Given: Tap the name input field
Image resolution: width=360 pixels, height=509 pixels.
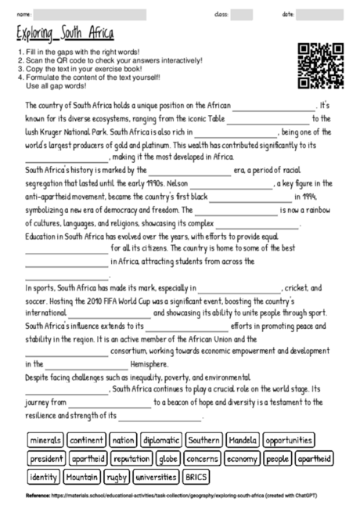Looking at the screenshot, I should click(x=90, y=15).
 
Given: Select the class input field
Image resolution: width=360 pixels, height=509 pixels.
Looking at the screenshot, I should click(x=242, y=15).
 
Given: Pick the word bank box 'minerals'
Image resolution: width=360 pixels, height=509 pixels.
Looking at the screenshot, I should click(x=45, y=440).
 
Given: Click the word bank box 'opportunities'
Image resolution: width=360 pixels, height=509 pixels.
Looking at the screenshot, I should click(x=290, y=440).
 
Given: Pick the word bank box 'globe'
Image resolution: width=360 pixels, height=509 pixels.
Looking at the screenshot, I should click(x=168, y=458).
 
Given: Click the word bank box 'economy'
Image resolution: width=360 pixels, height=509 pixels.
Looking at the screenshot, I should click(x=243, y=458).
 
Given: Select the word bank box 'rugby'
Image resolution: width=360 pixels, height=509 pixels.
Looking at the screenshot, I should click(x=117, y=476).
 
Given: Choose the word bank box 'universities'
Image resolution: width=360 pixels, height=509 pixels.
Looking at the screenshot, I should click(x=156, y=476).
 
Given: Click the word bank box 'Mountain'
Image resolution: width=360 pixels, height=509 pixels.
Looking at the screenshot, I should click(x=82, y=476).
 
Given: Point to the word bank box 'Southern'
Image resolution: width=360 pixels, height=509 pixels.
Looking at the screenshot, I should click(x=203, y=440).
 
